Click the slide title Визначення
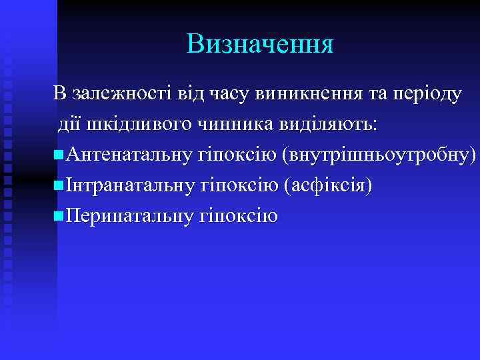[260, 44]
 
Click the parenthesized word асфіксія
[327, 186]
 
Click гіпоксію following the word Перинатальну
[237, 216]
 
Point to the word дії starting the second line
[71, 125]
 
